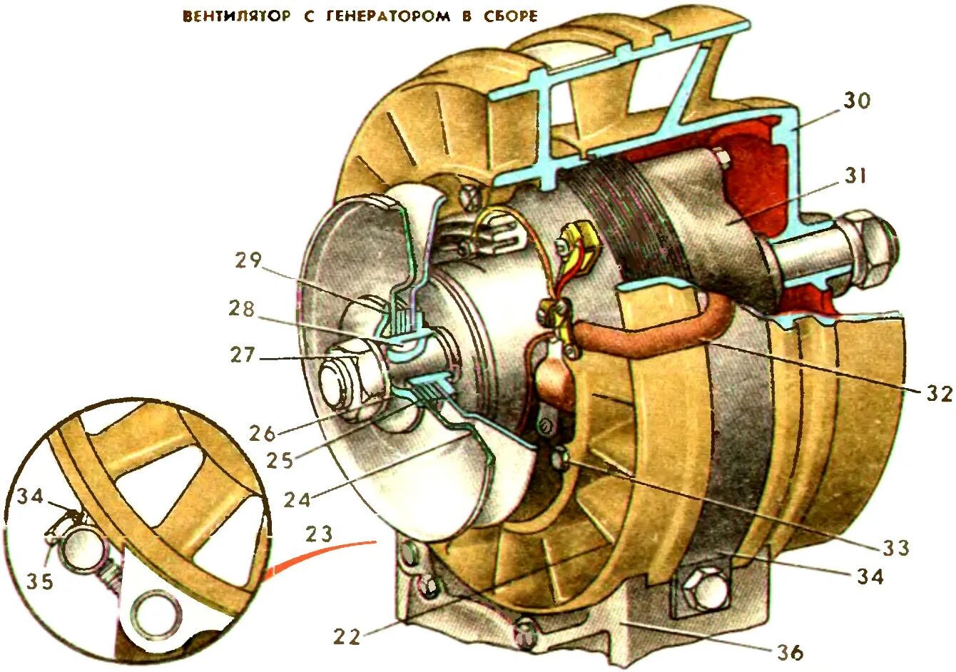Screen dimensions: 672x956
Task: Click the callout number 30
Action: (x=857, y=101)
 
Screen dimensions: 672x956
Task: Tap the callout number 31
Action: (x=855, y=175)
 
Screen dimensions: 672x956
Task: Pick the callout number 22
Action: (x=347, y=635)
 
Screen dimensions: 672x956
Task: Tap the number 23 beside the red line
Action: (x=319, y=533)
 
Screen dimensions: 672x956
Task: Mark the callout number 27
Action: (x=242, y=354)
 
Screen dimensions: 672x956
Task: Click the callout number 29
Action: (x=249, y=260)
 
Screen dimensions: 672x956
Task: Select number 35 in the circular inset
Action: (x=40, y=581)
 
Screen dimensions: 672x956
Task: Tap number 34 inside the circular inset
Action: (x=31, y=495)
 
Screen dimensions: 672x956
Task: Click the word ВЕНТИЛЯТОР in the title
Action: (x=236, y=16)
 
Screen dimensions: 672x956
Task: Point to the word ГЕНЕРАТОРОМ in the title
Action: (x=387, y=16)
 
